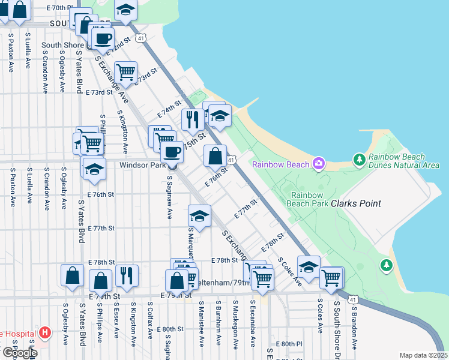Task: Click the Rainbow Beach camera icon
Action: [x=319, y=164]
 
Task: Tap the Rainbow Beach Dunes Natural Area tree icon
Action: [x=360, y=159]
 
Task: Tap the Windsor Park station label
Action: [x=142, y=164]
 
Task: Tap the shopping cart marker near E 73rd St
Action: [x=125, y=72]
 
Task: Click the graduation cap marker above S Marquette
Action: [x=199, y=215]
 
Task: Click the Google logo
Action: [x=19, y=353]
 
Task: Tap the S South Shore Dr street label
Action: [x=337, y=324]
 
